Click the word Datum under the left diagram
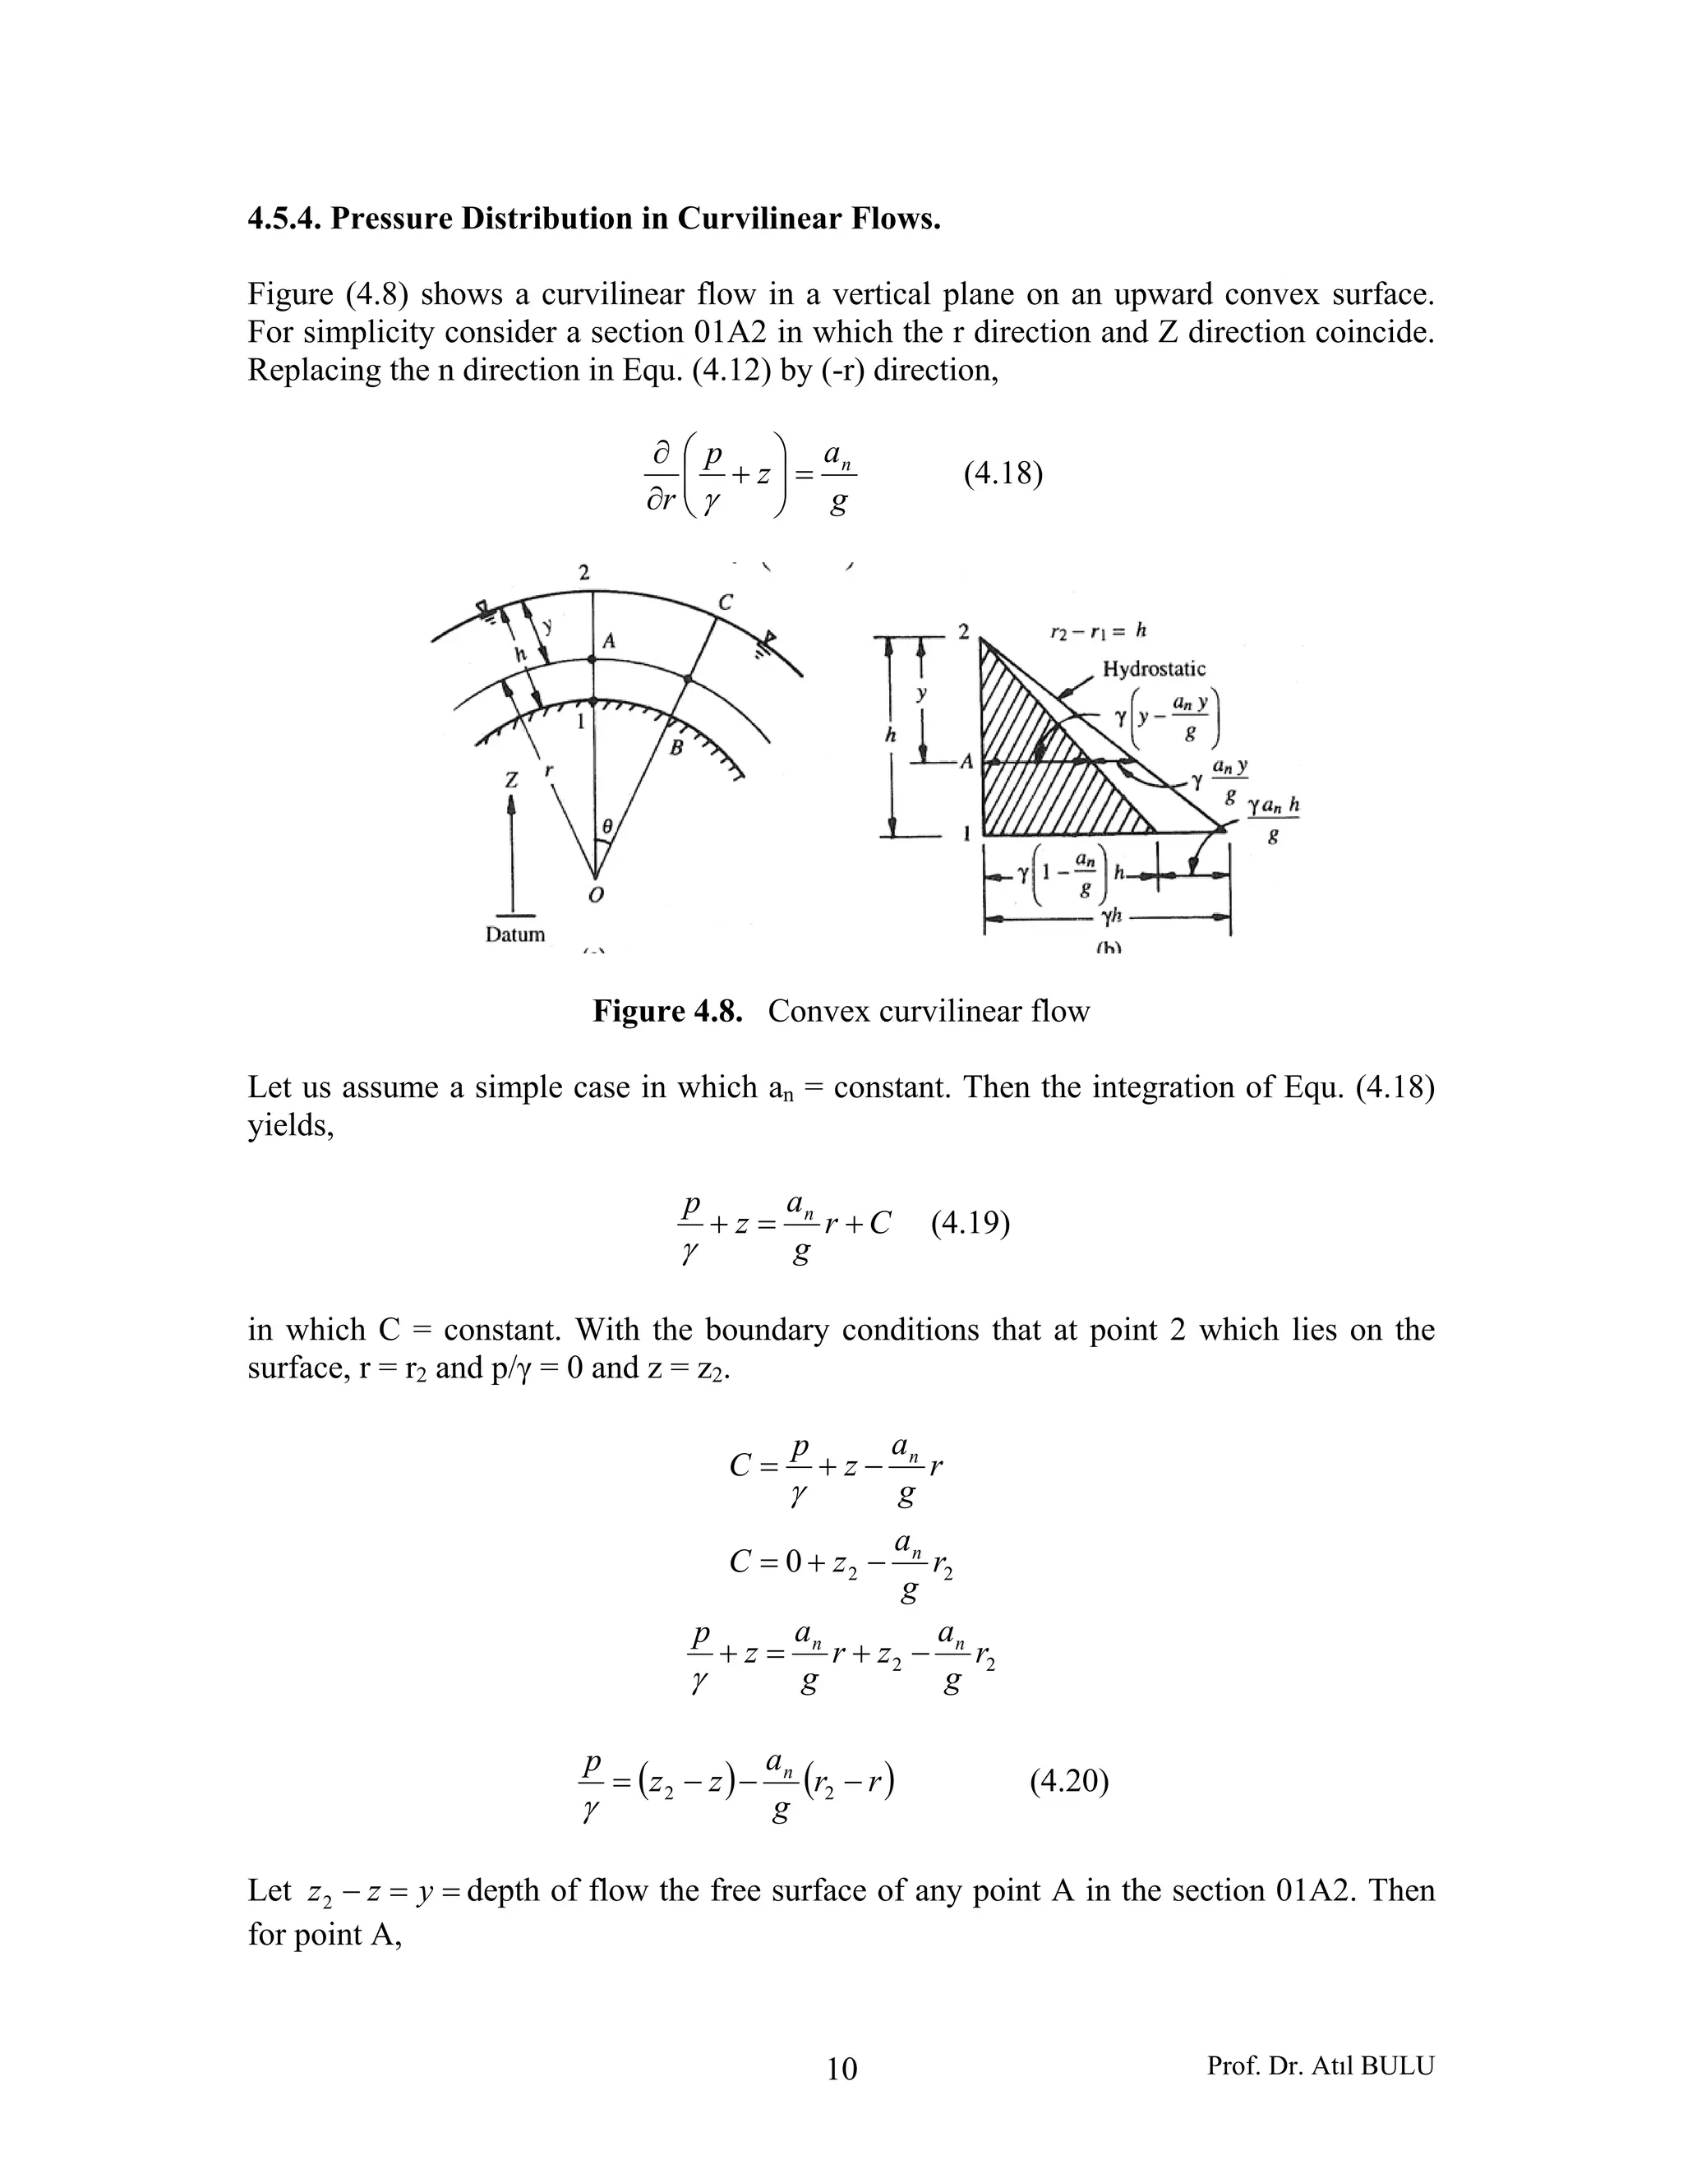(514, 934)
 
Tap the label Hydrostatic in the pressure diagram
(1154, 669)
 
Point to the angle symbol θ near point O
(606, 826)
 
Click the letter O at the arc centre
(595, 896)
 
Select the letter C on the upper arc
(725, 602)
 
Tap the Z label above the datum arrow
(511, 780)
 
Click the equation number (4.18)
(1003, 473)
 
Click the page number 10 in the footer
(841, 2070)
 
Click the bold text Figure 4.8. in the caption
(668, 1011)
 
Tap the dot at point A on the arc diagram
(593, 659)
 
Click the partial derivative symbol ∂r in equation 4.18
(662, 500)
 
